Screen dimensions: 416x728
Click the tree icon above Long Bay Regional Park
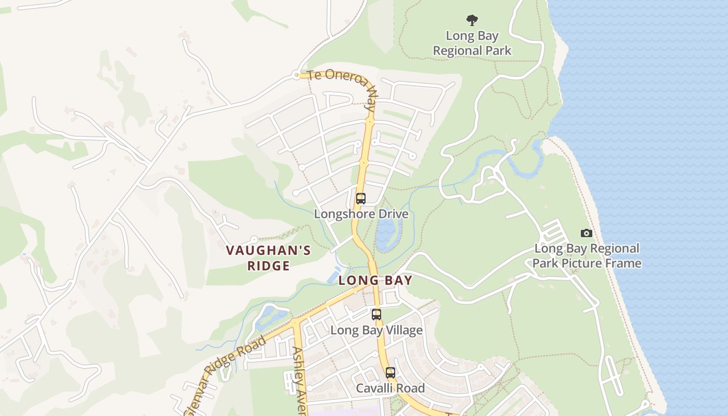(x=472, y=20)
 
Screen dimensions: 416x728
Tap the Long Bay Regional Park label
(x=472, y=44)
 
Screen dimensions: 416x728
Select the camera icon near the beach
(x=586, y=233)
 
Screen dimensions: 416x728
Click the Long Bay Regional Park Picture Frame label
(x=587, y=256)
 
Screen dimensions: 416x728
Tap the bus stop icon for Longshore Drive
(x=360, y=198)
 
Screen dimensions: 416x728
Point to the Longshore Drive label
(x=361, y=214)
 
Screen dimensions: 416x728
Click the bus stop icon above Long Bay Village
(x=376, y=314)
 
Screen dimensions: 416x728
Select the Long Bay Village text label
(x=376, y=330)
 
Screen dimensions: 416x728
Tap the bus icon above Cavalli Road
(x=390, y=372)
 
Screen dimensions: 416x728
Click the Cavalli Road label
(x=390, y=388)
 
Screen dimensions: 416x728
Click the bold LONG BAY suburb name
(x=375, y=281)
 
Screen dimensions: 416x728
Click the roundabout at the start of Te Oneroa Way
(x=296, y=75)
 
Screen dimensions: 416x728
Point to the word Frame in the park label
(x=623, y=263)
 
